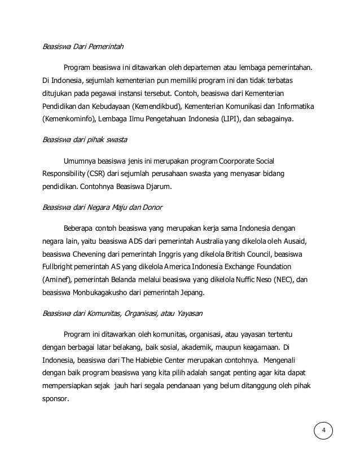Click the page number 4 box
[x=323, y=432]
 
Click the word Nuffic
[x=253, y=280]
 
